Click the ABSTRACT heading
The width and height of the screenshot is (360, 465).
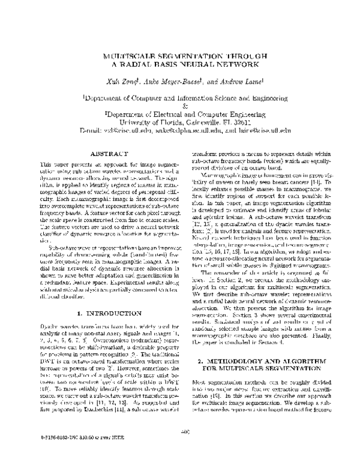point(106,154)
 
